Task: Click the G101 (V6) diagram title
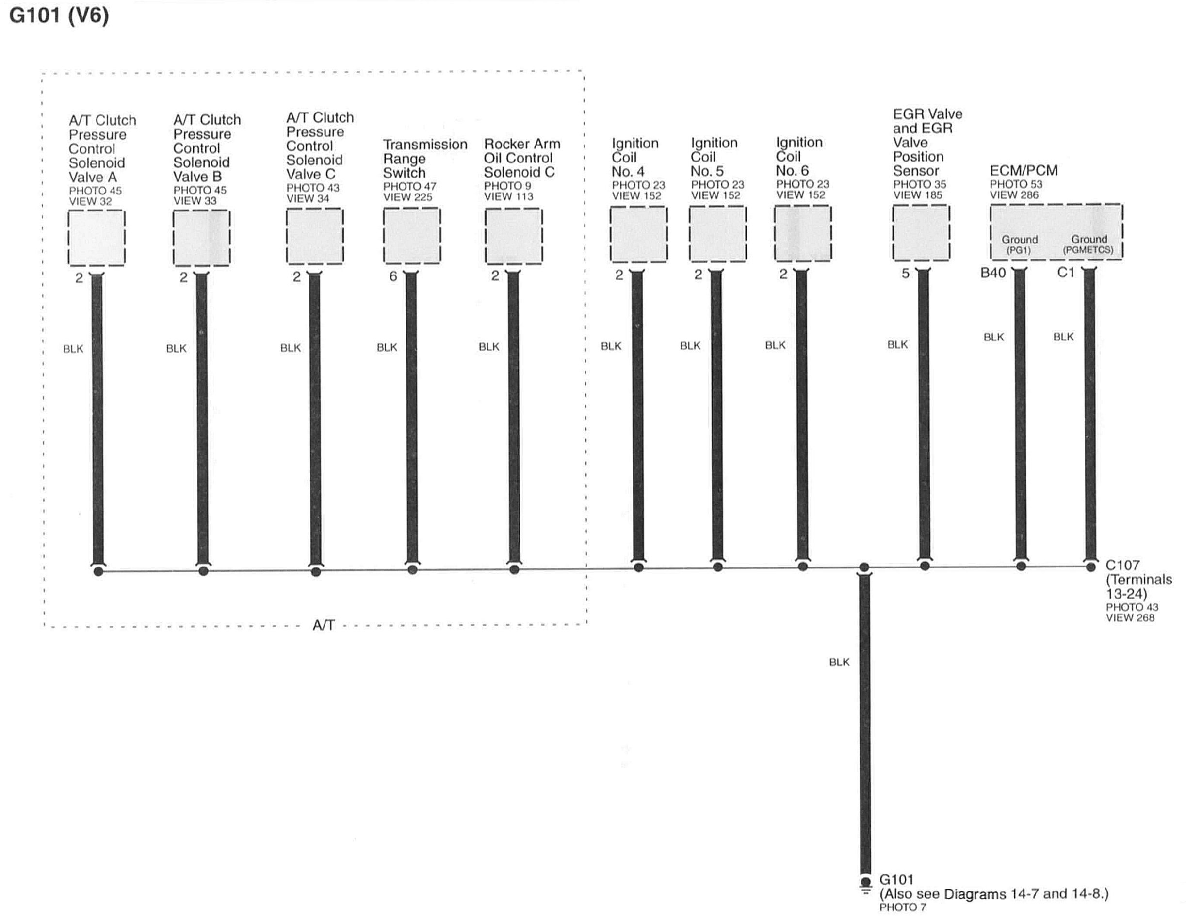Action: point(59,15)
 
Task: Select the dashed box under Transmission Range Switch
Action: point(412,236)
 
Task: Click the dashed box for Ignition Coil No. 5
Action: point(717,234)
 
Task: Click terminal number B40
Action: point(992,273)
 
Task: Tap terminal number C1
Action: point(1065,272)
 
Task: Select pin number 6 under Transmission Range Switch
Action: point(393,276)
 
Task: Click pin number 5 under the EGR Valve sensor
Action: point(905,274)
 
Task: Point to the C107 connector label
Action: point(1122,565)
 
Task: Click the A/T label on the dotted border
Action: point(324,626)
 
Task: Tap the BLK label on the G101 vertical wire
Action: point(839,662)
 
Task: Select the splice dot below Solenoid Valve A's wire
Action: point(98,571)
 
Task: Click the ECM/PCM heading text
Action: point(1024,170)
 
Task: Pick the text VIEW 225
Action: point(407,197)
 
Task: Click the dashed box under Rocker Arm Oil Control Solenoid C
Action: point(513,236)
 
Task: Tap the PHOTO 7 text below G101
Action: point(903,907)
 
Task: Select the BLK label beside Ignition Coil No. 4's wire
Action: point(611,346)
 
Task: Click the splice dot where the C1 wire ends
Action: point(1090,567)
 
